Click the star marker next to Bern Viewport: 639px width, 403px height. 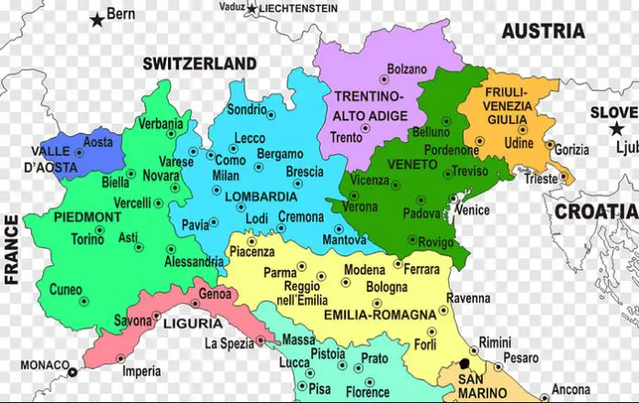96,18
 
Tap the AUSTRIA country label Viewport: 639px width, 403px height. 543,30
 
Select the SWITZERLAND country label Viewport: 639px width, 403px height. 199,63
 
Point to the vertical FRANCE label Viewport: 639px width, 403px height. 12,250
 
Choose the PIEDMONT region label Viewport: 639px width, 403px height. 87,217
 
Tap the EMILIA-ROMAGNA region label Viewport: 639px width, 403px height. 379,315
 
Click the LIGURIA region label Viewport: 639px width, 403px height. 192,323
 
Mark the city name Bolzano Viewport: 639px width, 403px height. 407,69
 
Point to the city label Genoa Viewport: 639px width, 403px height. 215,295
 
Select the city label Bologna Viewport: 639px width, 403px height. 387,287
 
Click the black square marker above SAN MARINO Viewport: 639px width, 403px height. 464,364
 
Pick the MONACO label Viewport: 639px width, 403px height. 44,364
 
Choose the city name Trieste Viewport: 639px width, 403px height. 541,179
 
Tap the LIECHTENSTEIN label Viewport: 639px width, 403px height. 298,8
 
